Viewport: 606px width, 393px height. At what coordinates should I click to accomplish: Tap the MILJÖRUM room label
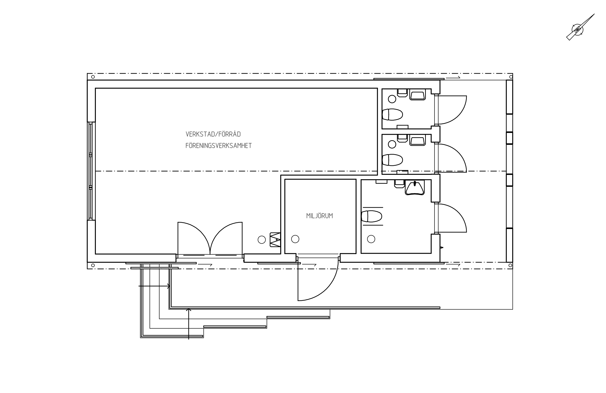coord(319,216)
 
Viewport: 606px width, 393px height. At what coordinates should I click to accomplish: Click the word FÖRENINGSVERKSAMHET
coord(218,146)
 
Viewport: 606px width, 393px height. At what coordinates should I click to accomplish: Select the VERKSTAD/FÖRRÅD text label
coord(213,134)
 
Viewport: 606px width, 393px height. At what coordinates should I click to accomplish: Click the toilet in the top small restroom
coord(392,114)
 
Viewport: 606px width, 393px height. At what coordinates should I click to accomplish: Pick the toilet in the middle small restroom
coord(392,160)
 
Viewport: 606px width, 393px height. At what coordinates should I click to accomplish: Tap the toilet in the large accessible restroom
coord(372,216)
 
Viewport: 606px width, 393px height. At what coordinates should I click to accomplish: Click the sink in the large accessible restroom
coord(415,188)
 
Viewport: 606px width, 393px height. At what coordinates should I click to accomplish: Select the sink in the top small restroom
coord(417,96)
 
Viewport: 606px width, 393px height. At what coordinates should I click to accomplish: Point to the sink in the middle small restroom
coord(417,141)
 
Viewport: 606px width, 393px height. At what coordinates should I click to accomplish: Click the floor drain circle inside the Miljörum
coord(295,239)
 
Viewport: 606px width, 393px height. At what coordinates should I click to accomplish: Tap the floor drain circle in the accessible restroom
coord(371,239)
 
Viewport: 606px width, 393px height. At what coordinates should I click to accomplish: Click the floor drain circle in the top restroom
coord(392,99)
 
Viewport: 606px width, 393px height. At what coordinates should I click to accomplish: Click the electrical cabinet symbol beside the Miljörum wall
coord(275,240)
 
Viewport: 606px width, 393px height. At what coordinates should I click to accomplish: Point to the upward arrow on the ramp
coord(188,323)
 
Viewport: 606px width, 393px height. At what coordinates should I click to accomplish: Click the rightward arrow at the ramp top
coord(154,286)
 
